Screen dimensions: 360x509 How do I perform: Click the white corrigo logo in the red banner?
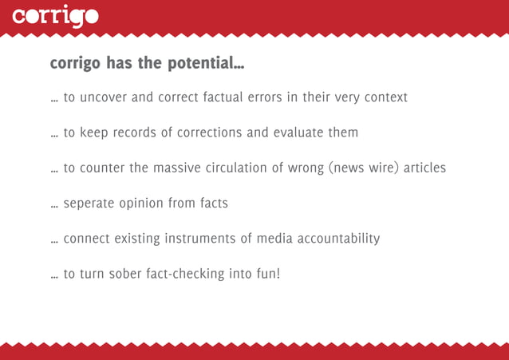click(56, 17)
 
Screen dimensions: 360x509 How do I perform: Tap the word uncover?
click(104, 97)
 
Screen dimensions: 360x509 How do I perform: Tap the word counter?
click(101, 168)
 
